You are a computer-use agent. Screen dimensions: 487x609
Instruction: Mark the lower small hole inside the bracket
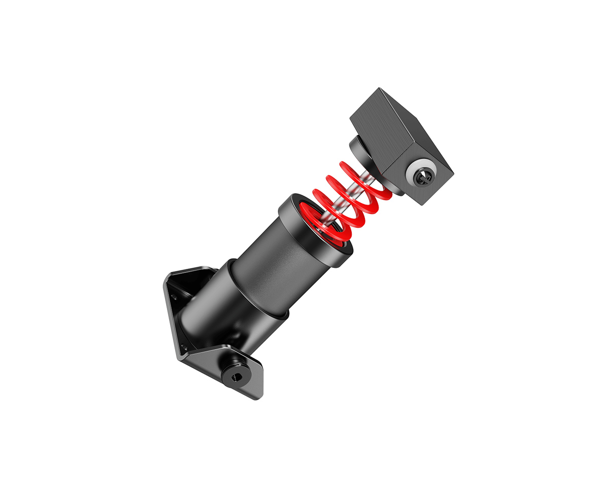pyautogui.click(x=184, y=347)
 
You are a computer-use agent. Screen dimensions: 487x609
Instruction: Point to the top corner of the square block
pyautogui.click(x=379, y=89)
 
